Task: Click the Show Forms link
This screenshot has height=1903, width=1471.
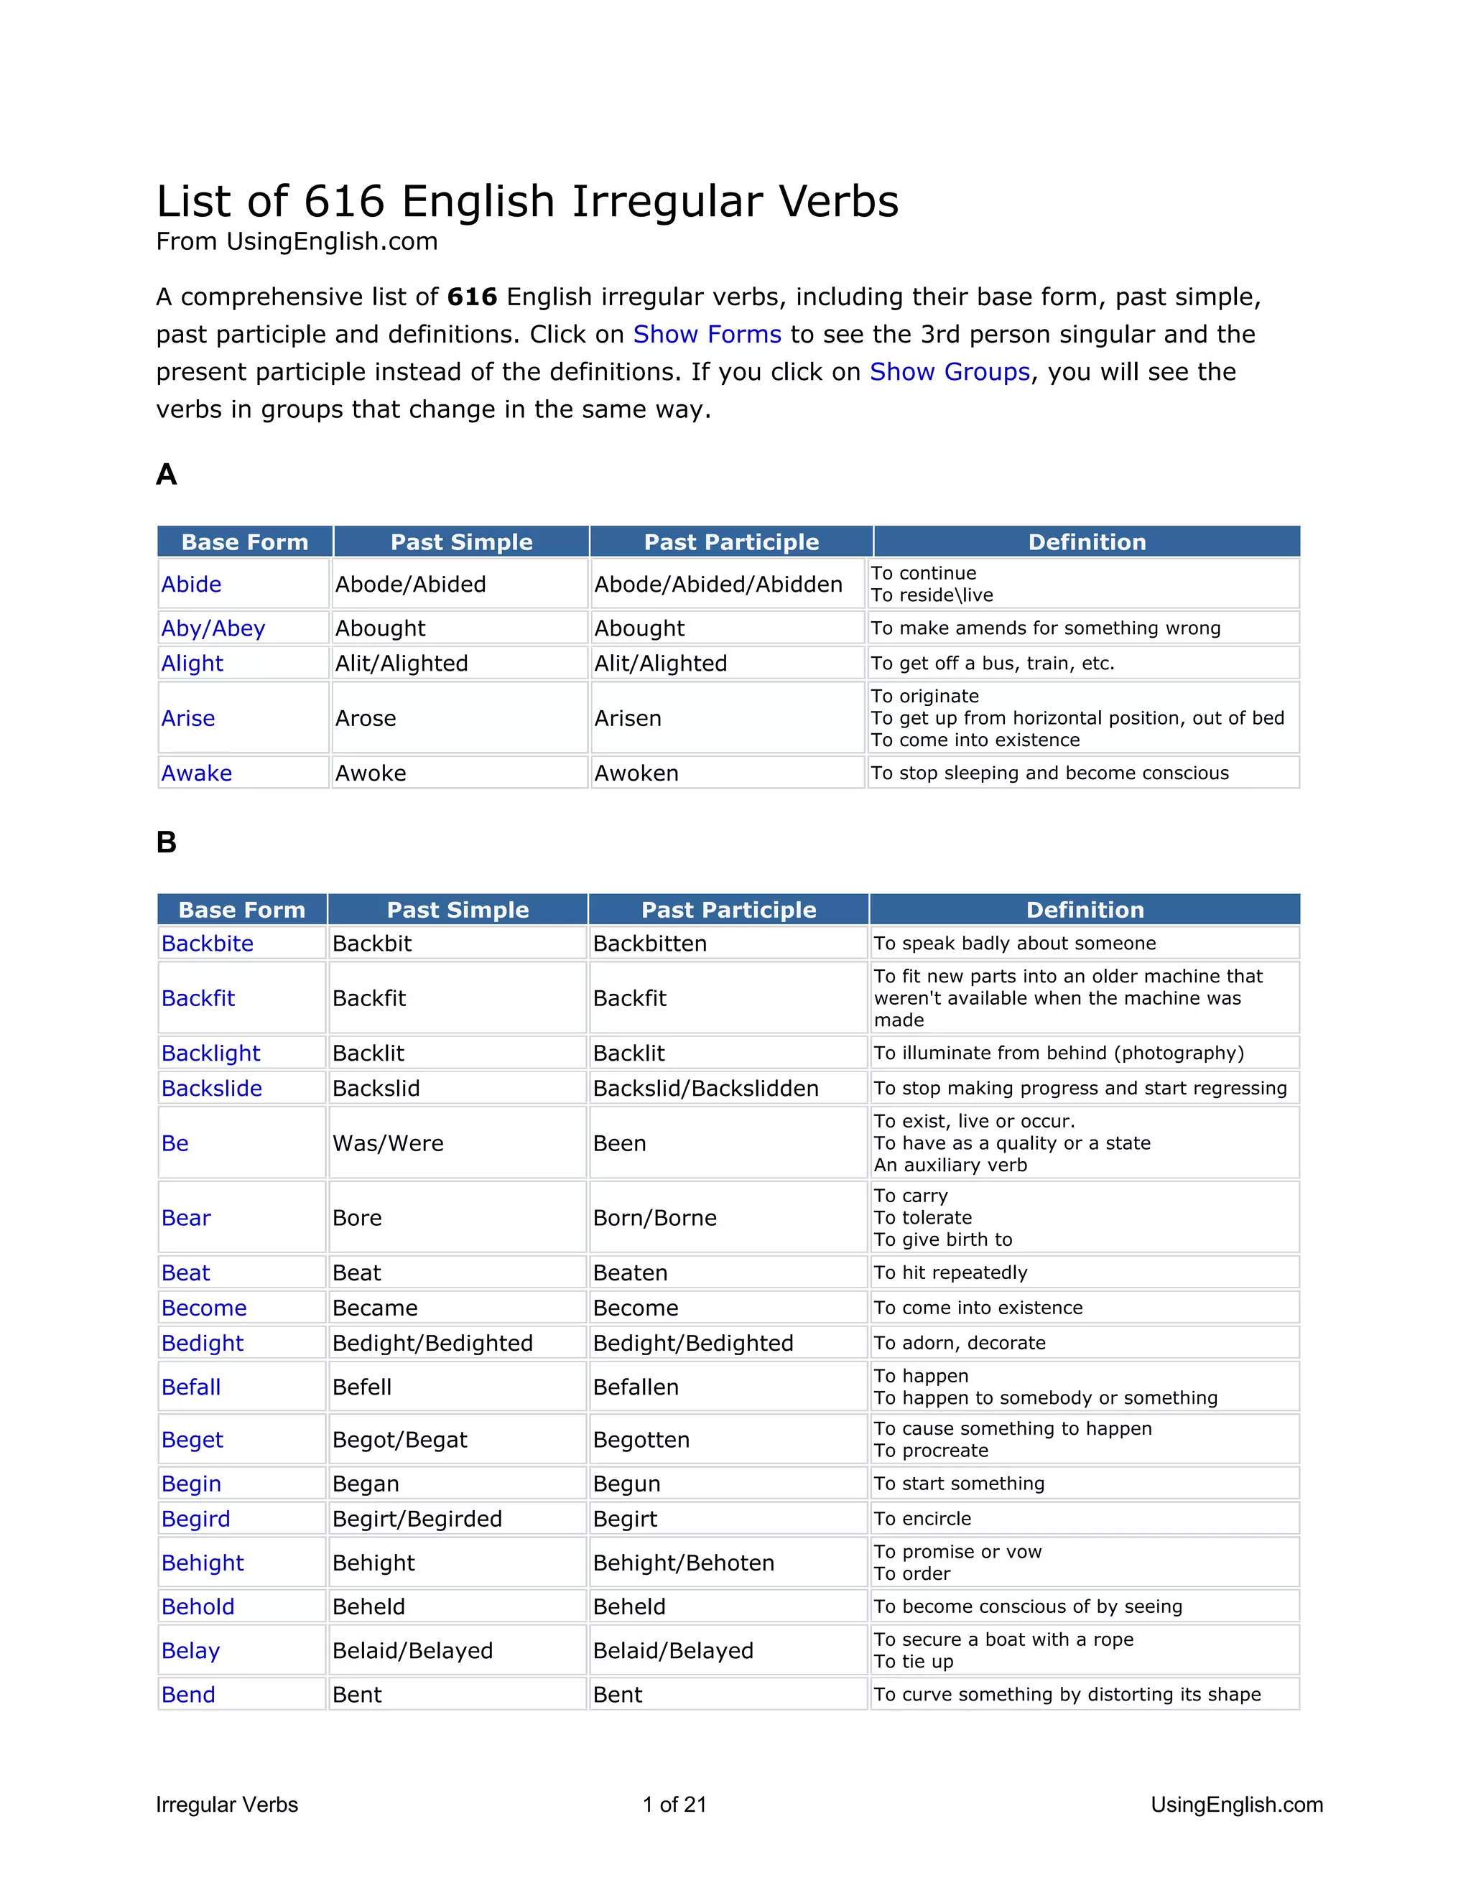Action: [x=707, y=335]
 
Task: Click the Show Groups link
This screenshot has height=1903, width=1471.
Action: [x=950, y=372]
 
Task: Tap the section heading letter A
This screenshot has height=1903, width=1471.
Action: [x=167, y=475]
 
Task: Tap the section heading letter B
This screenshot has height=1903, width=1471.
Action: [x=167, y=842]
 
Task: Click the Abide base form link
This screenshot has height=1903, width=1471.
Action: [x=191, y=585]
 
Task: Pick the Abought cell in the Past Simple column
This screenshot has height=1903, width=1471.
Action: [x=380, y=628]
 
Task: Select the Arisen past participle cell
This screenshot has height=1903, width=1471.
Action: [x=628, y=719]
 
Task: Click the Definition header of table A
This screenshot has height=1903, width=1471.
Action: [x=1087, y=542]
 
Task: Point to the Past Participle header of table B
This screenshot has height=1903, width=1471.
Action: [x=728, y=910]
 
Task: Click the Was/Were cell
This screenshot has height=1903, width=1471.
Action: [x=388, y=1143]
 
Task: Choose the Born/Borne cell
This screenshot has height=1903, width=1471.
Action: [x=654, y=1218]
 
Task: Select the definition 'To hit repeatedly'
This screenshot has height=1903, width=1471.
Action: [x=951, y=1273]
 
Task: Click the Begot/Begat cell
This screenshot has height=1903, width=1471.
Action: [x=400, y=1441]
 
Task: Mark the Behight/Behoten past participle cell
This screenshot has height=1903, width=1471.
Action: [x=683, y=1563]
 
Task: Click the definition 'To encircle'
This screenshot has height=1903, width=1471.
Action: [x=922, y=1519]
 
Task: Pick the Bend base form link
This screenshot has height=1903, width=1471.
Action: [x=188, y=1695]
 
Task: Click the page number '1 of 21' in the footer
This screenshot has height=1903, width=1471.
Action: [x=674, y=1805]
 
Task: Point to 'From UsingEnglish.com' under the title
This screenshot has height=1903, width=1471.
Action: [x=297, y=241]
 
